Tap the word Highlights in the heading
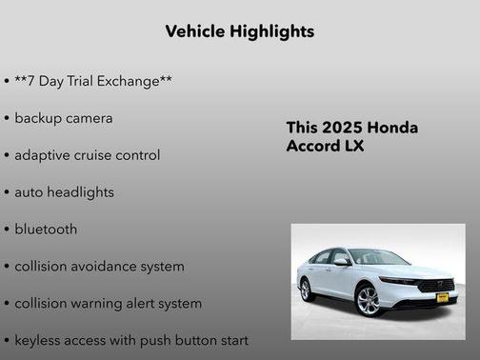[272, 31]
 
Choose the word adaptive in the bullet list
[42, 155]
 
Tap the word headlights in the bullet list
[80, 192]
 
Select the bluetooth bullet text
[46, 230]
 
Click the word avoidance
[107, 267]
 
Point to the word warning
[102, 304]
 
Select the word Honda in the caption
[392, 128]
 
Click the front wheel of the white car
[368, 300]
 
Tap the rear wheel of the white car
[307, 290]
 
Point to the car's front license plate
[441, 298]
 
